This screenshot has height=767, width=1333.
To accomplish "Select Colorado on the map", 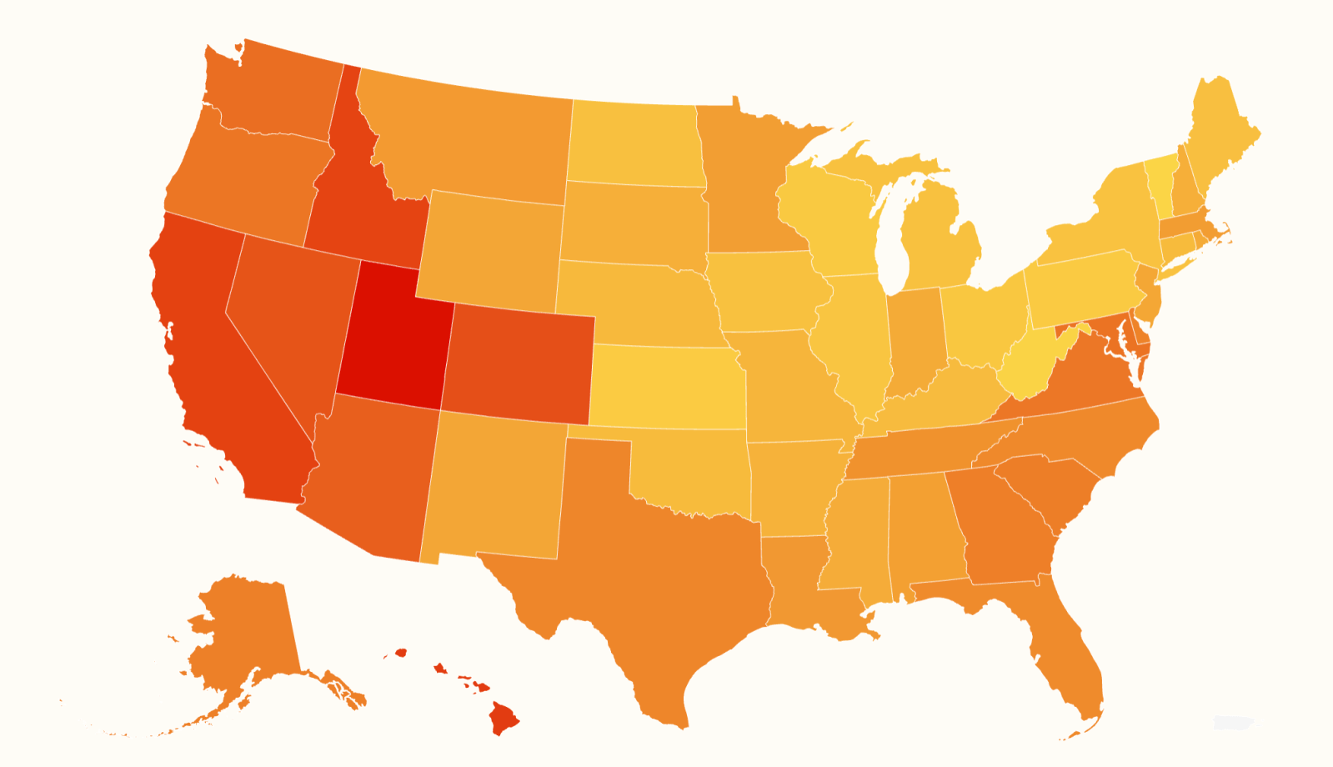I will pyautogui.click(x=517, y=363).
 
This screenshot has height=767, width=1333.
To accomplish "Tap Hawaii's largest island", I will pyautogui.click(x=503, y=719).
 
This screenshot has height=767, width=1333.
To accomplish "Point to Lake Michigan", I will pyautogui.click(x=894, y=242).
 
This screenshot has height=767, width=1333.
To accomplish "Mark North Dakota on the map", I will pyautogui.click(x=634, y=142).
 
